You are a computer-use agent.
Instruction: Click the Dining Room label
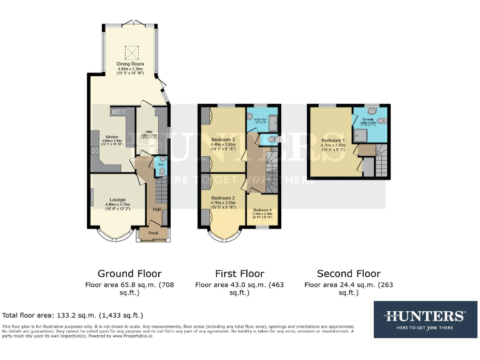pyautogui.click(x=130, y=63)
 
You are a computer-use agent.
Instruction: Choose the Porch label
pyautogui.click(x=152, y=232)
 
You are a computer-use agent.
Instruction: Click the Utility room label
pyautogui.click(x=147, y=133)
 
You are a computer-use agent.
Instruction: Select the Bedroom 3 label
pyautogui.click(x=223, y=139)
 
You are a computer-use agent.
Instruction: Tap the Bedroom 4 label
pyautogui.click(x=262, y=210)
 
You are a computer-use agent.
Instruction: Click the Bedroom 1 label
pyautogui.click(x=331, y=141)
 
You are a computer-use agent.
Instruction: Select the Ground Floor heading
pyautogui.click(x=129, y=273)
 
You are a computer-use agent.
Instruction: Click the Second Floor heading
pyautogui.click(x=348, y=273)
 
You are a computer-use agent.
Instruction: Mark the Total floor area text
pyautogui.click(x=73, y=316)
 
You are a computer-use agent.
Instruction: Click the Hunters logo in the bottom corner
pyautogui.click(x=424, y=319)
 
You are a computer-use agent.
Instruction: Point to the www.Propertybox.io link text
pyautogui.click(x=135, y=335)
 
